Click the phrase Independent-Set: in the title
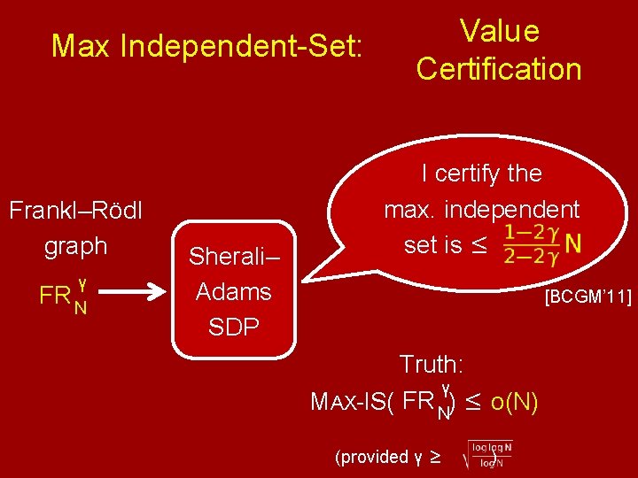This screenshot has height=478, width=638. (241, 46)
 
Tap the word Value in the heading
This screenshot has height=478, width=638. (499, 31)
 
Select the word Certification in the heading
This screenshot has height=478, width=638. (499, 69)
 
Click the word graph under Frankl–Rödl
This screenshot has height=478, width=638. (76, 246)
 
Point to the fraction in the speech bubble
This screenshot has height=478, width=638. (529, 243)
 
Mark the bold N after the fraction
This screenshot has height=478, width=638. (573, 243)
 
